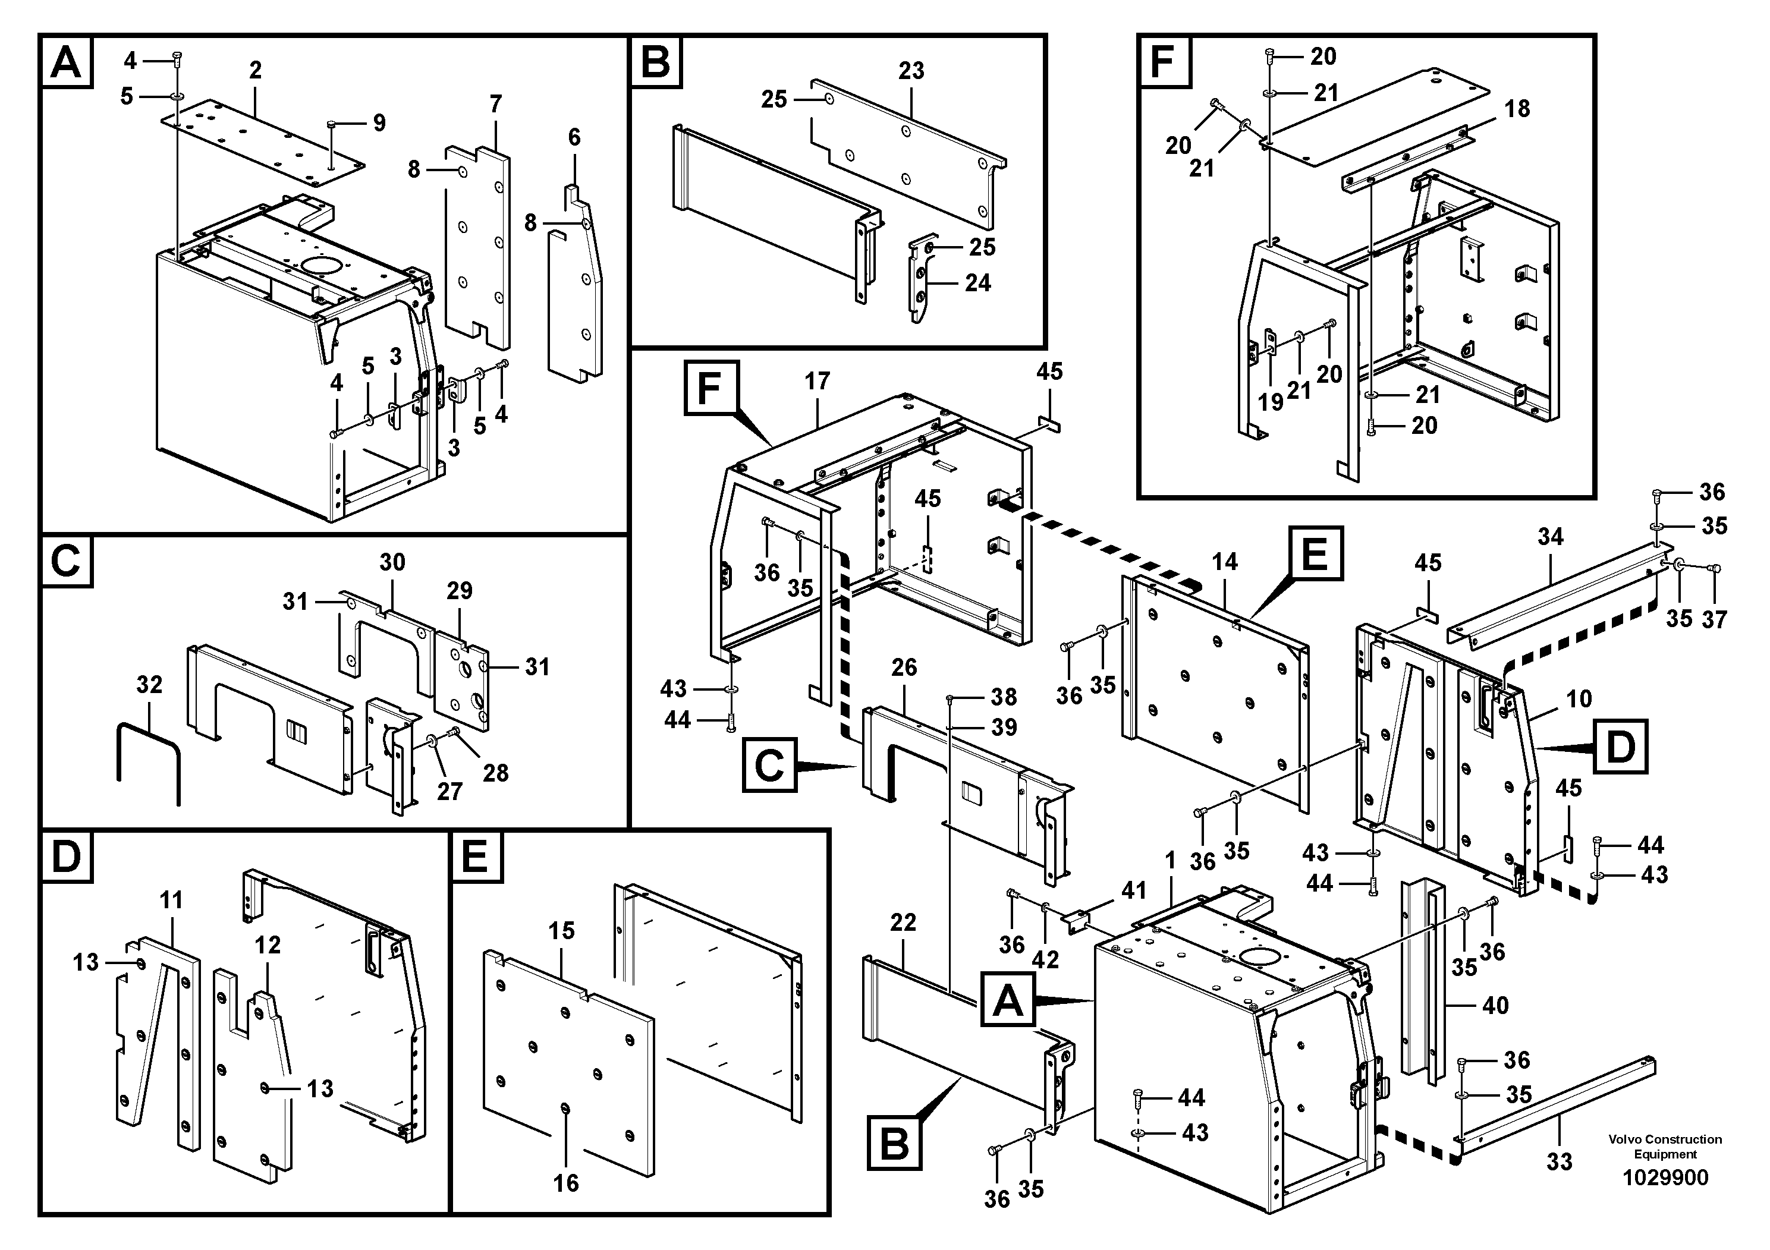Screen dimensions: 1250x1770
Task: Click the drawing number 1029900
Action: click(1665, 1177)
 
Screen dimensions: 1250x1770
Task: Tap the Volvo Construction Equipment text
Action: click(1665, 1146)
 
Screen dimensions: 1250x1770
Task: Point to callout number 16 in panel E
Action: click(566, 1182)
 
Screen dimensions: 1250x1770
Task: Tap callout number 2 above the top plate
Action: click(255, 70)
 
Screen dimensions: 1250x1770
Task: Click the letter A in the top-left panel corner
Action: click(65, 62)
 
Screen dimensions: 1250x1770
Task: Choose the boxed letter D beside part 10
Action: click(1620, 745)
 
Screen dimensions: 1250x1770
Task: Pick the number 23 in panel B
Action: click(911, 70)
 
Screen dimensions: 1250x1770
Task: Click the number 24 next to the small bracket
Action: click(977, 283)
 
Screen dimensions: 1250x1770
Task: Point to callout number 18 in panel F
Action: click(1517, 109)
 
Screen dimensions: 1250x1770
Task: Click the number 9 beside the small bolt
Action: click(379, 122)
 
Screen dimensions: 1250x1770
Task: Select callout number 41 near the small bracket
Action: click(1133, 891)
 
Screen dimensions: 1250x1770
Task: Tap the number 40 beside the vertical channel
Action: click(1495, 1005)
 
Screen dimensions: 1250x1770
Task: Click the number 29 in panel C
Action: click(460, 590)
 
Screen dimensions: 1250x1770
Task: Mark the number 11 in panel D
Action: click(171, 899)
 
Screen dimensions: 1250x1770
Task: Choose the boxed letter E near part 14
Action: click(1315, 553)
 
